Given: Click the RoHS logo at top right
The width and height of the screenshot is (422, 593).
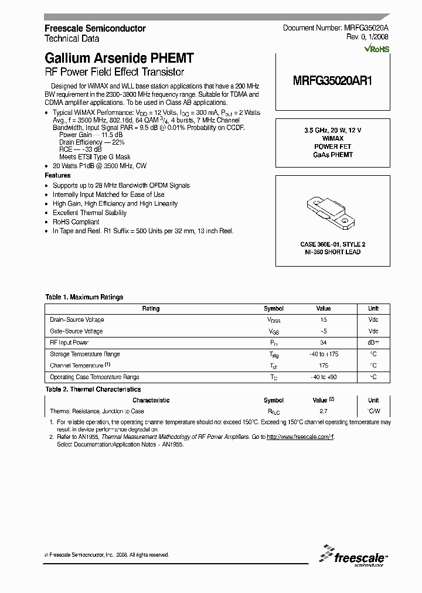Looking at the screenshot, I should click(x=376, y=50).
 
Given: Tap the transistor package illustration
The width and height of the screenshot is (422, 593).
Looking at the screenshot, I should click(x=331, y=212).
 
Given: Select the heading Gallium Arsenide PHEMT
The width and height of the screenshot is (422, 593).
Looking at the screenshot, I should click(x=119, y=59).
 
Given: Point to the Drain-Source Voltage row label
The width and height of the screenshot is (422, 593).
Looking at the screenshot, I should click(x=77, y=319).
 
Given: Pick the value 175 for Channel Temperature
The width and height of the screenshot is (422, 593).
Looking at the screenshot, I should click(x=324, y=366).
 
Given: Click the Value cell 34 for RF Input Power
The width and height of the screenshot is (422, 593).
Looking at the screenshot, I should click(x=324, y=343).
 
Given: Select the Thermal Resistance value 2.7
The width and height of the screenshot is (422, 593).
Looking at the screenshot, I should click(x=324, y=412).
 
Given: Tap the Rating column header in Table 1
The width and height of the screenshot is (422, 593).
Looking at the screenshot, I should click(x=151, y=308).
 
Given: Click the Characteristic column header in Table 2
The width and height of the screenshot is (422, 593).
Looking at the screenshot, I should click(x=151, y=400).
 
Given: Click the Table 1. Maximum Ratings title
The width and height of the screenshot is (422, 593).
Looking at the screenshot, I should click(x=84, y=297).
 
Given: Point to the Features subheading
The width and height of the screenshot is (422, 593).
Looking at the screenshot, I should click(x=57, y=175).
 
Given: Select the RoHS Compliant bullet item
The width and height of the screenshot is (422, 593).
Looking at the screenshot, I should click(x=76, y=221).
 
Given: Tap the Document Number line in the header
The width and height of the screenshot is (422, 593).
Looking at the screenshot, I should click(x=335, y=28).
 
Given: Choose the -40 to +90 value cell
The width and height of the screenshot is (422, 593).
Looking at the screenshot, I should click(x=324, y=377).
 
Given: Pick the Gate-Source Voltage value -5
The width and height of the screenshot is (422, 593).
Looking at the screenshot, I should click(x=324, y=331).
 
